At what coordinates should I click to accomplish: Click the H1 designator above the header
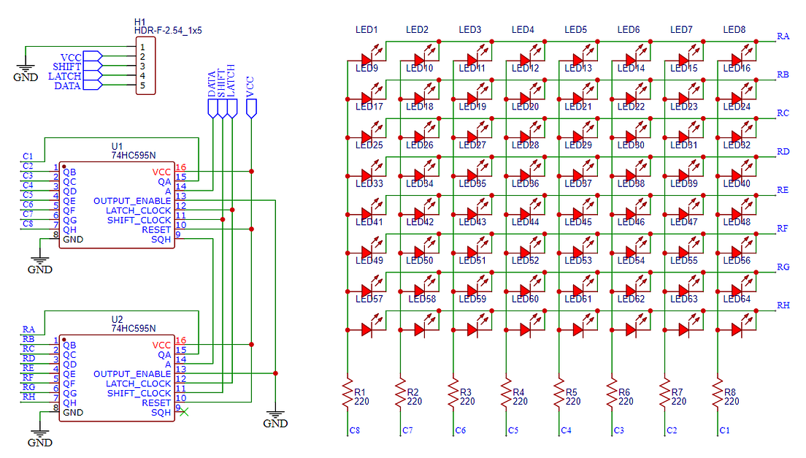[140, 21]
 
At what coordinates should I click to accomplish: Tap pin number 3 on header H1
[143, 66]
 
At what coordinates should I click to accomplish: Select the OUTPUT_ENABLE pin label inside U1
[132, 201]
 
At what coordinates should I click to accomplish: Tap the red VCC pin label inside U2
[161, 345]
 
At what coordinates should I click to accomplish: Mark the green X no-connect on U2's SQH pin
[184, 412]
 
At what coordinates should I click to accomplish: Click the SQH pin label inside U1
[161, 239]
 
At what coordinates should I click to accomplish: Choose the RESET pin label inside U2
[156, 402]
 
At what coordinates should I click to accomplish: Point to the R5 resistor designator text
[572, 392]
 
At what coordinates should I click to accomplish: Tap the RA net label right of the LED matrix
[783, 36]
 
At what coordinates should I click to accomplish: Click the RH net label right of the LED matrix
[783, 305]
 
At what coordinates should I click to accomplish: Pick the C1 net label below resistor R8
[724, 431]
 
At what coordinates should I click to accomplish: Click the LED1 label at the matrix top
[366, 30]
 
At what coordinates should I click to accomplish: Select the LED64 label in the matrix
[736, 299]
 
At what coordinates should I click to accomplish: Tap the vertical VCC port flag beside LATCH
[252, 108]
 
